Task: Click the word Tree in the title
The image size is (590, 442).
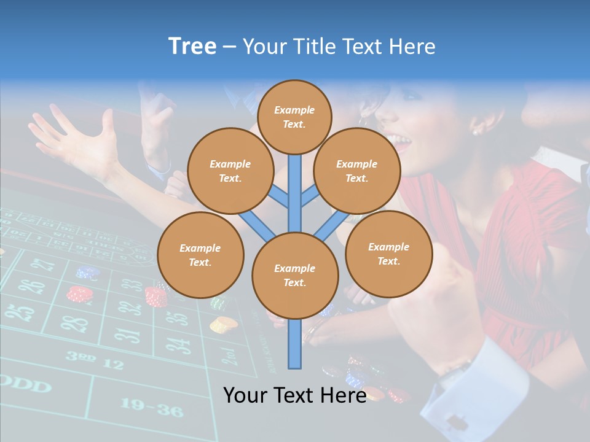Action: pos(192,47)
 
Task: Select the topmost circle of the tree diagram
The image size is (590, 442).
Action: pos(294,117)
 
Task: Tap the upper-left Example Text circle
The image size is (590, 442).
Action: pos(230,171)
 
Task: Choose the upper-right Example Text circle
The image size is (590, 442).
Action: pos(357,171)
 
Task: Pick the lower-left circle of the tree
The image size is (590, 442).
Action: pos(200,255)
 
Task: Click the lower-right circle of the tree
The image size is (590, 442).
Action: pos(388,254)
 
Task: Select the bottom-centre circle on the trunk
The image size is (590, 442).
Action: pos(295,276)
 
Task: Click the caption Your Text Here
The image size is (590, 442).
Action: pos(295,395)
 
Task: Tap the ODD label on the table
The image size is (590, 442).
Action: pos(25,386)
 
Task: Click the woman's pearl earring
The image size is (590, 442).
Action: pos(475,130)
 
